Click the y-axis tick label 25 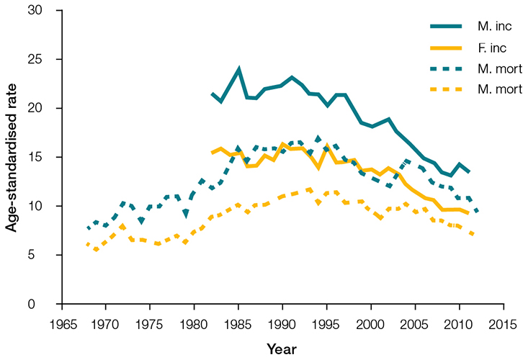coord(45,59)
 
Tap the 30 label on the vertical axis coord(45,10)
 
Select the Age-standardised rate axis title coord(12,157)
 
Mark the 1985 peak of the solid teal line coord(238,70)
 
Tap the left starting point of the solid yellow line coord(212,153)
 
